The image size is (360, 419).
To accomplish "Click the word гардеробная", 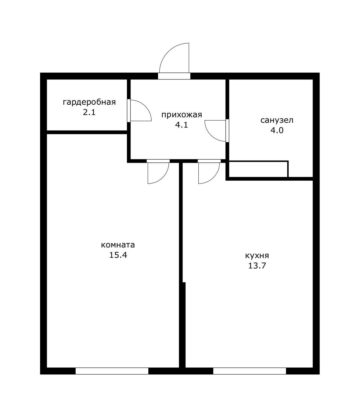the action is point(89,102).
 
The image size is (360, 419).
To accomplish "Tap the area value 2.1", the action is point(89,112).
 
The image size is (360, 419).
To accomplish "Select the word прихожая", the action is point(182,115).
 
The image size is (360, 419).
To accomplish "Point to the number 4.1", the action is point(182,125).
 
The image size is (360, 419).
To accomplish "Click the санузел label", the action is point(277,120).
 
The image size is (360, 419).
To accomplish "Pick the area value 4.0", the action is point(277,130).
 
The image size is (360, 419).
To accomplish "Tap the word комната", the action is point(118,245).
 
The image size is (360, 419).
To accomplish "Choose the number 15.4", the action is point(118,255).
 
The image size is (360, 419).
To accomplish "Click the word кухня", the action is point(257,256).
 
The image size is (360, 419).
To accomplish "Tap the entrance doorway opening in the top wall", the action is point(174,76).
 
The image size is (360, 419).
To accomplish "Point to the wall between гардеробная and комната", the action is point(87,132).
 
